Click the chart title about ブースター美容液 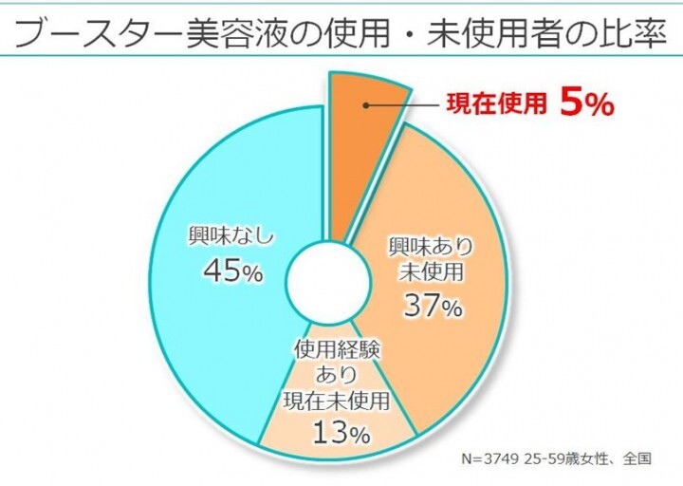[341, 31]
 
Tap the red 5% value [587, 103]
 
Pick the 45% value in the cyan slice [231, 272]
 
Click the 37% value [432, 306]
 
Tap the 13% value [339, 434]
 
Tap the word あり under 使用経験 [338, 376]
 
